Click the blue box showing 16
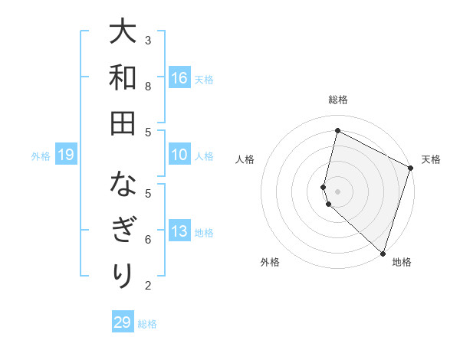pos(179,78)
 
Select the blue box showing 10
pos(179,155)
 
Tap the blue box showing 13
pos(179,232)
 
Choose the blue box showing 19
pos(66,155)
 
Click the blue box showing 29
pos(123,322)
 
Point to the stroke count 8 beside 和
pos(148,86)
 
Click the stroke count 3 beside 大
pos(148,40)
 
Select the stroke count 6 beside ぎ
pos(148,239)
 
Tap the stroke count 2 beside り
pos(148,285)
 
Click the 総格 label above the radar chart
pos(338,100)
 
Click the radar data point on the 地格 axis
pos(383,253)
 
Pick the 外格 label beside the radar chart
pos(270,263)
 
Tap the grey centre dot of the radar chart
pos(338,191)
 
